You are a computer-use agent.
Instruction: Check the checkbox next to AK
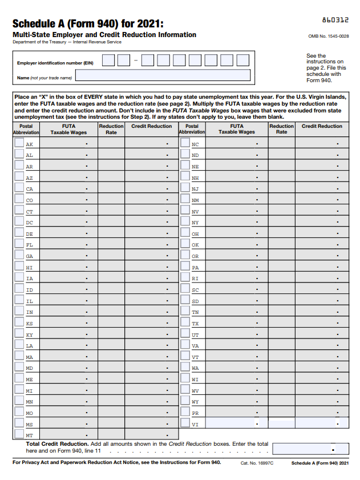tap(19, 144)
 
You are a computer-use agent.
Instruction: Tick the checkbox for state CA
tap(19, 188)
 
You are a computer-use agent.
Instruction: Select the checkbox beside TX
tap(185, 323)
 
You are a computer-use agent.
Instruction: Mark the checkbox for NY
tap(185, 222)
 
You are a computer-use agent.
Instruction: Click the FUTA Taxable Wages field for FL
tap(68, 244)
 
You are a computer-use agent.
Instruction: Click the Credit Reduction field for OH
tap(321, 233)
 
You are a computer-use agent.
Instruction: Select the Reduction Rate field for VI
tap(281, 423)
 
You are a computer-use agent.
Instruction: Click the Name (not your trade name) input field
tap(163, 75)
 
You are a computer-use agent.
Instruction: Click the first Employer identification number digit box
tap(108, 60)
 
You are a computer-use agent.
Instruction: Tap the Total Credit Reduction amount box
tap(310, 449)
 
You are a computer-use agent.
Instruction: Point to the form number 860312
tap(335, 20)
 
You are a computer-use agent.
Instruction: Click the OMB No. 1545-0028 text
tap(328, 36)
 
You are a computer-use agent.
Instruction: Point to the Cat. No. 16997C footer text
tap(257, 463)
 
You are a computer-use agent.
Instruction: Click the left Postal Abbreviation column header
tap(26, 129)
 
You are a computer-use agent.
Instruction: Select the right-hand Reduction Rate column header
tap(281, 129)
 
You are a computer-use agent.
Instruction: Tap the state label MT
tap(29, 435)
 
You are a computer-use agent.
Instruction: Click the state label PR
tap(195, 413)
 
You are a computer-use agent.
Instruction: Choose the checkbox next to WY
tap(185, 401)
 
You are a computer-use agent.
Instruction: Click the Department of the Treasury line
tap(67, 42)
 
